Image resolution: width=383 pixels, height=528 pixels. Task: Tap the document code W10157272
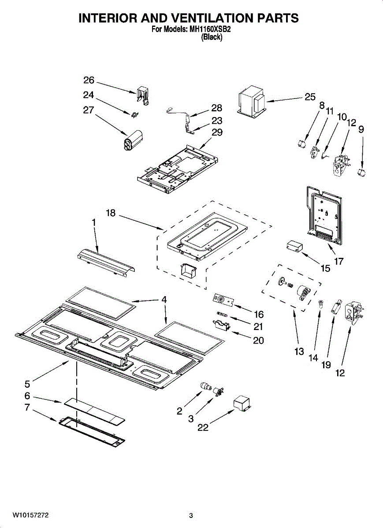tap(30, 515)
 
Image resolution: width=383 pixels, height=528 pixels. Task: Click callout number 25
tap(310, 97)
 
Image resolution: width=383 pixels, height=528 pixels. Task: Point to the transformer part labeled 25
tap(252, 102)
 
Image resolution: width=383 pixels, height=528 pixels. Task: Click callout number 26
tap(89, 81)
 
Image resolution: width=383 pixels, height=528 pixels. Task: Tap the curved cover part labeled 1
tap(107, 263)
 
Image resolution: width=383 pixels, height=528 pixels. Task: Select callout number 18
tap(111, 213)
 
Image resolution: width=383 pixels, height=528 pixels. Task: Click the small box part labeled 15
tap(294, 246)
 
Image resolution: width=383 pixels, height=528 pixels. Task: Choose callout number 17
tap(339, 261)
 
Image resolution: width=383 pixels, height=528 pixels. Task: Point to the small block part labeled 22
tap(242, 404)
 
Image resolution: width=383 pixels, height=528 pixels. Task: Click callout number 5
tap(27, 384)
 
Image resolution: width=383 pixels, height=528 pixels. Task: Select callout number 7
tap(27, 407)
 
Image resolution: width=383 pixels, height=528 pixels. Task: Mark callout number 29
tap(217, 132)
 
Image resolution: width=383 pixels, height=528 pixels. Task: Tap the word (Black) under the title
tap(212, 37)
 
